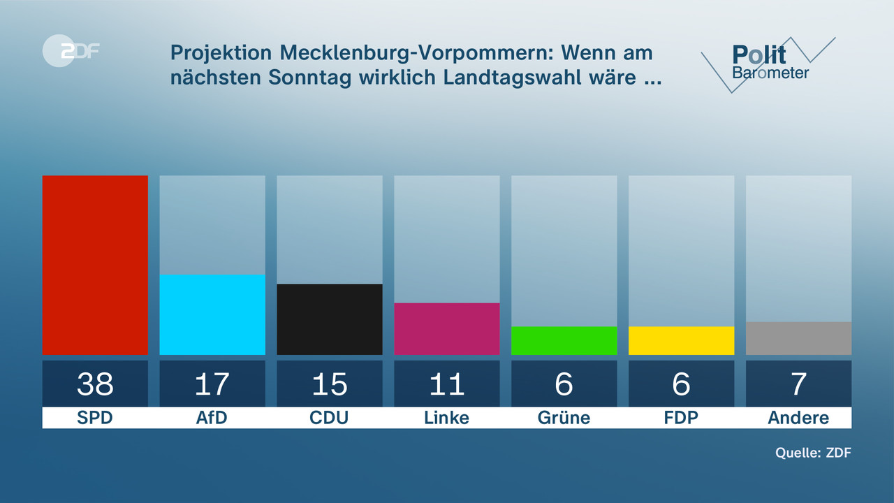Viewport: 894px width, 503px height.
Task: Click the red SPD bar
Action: [x=95, y=265]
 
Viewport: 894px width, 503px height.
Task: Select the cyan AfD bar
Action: [x=212, y=314]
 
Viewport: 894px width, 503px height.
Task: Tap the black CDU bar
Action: [x=330, y=319]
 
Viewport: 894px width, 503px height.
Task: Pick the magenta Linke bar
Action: [x=447, y=328]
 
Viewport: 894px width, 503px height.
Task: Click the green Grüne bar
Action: [x=564, y=340]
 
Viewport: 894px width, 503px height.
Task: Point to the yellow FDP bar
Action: [x=682, y=340]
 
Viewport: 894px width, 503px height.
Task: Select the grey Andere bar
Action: [x=798, y=338]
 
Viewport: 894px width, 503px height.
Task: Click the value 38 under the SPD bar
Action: [x=95, y=384]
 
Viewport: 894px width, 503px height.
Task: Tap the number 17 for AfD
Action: [x=212, y=384]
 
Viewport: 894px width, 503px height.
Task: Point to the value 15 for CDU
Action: [x=330, y=384]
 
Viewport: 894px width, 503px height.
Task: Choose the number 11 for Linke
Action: [x=447, y=384]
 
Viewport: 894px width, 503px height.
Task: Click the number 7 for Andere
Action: [x=798, y=384]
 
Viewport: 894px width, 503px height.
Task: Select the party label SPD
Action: [x=95, y=418]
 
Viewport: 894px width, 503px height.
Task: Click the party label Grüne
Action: [x=564, y=418]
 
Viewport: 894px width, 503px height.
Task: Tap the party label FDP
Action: [x=682, y=418]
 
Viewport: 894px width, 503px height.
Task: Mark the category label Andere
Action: [x=798, y=418]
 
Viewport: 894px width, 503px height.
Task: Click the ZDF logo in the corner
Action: [x=70, y=50]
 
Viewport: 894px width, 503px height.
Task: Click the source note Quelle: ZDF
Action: [x=813, y=453]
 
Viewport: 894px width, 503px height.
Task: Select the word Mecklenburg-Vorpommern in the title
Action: [x=419, y=53]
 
